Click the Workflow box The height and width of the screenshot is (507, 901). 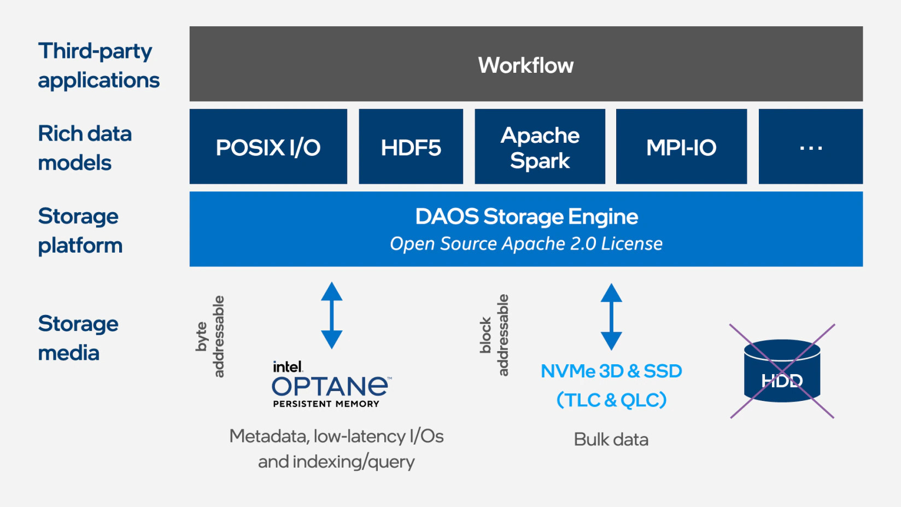pyautogui.click(x=526, y=63)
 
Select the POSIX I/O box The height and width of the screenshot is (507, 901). pyautogui.click(x=268, y=147)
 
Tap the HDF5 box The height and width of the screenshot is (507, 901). pyautogui.click(x=411, y=147)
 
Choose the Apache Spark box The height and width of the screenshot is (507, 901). pyautogui.click(x=540, y=147)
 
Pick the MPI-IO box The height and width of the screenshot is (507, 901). pyautogui.click(x=681, y=147)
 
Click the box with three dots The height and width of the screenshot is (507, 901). pyautogui.click(x=810, y=147)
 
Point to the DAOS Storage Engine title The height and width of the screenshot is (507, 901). pyautogui.click(x=526, y=217)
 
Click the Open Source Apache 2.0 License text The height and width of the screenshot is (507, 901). pyautogui.click(x=526, y=244)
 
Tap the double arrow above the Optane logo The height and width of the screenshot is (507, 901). pyautogui.click(x=332, y=316)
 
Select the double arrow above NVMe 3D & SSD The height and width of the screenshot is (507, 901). pyautogui.click(x=611, y=317)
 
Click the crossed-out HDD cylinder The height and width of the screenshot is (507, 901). pyautogui.click(x=782, y=371)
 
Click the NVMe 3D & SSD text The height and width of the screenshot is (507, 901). pyautogui.click(x=611, y=371)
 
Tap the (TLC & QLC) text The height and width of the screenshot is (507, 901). pyautogui.click(x=611, y=400)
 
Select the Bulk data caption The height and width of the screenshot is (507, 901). pyautogui.click(x=611, y=439)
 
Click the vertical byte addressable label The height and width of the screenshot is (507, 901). pyautogui.click(x=210, y=336)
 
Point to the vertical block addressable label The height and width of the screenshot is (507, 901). pyautogui.click(x=494, y=335)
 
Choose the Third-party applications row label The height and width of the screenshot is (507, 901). pyautogui.click(x=98, y=66)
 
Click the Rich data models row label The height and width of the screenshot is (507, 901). pyautogui.click(x=84, y=148)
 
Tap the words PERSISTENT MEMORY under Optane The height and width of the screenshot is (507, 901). pyautogui.click(x=326, y=404)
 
